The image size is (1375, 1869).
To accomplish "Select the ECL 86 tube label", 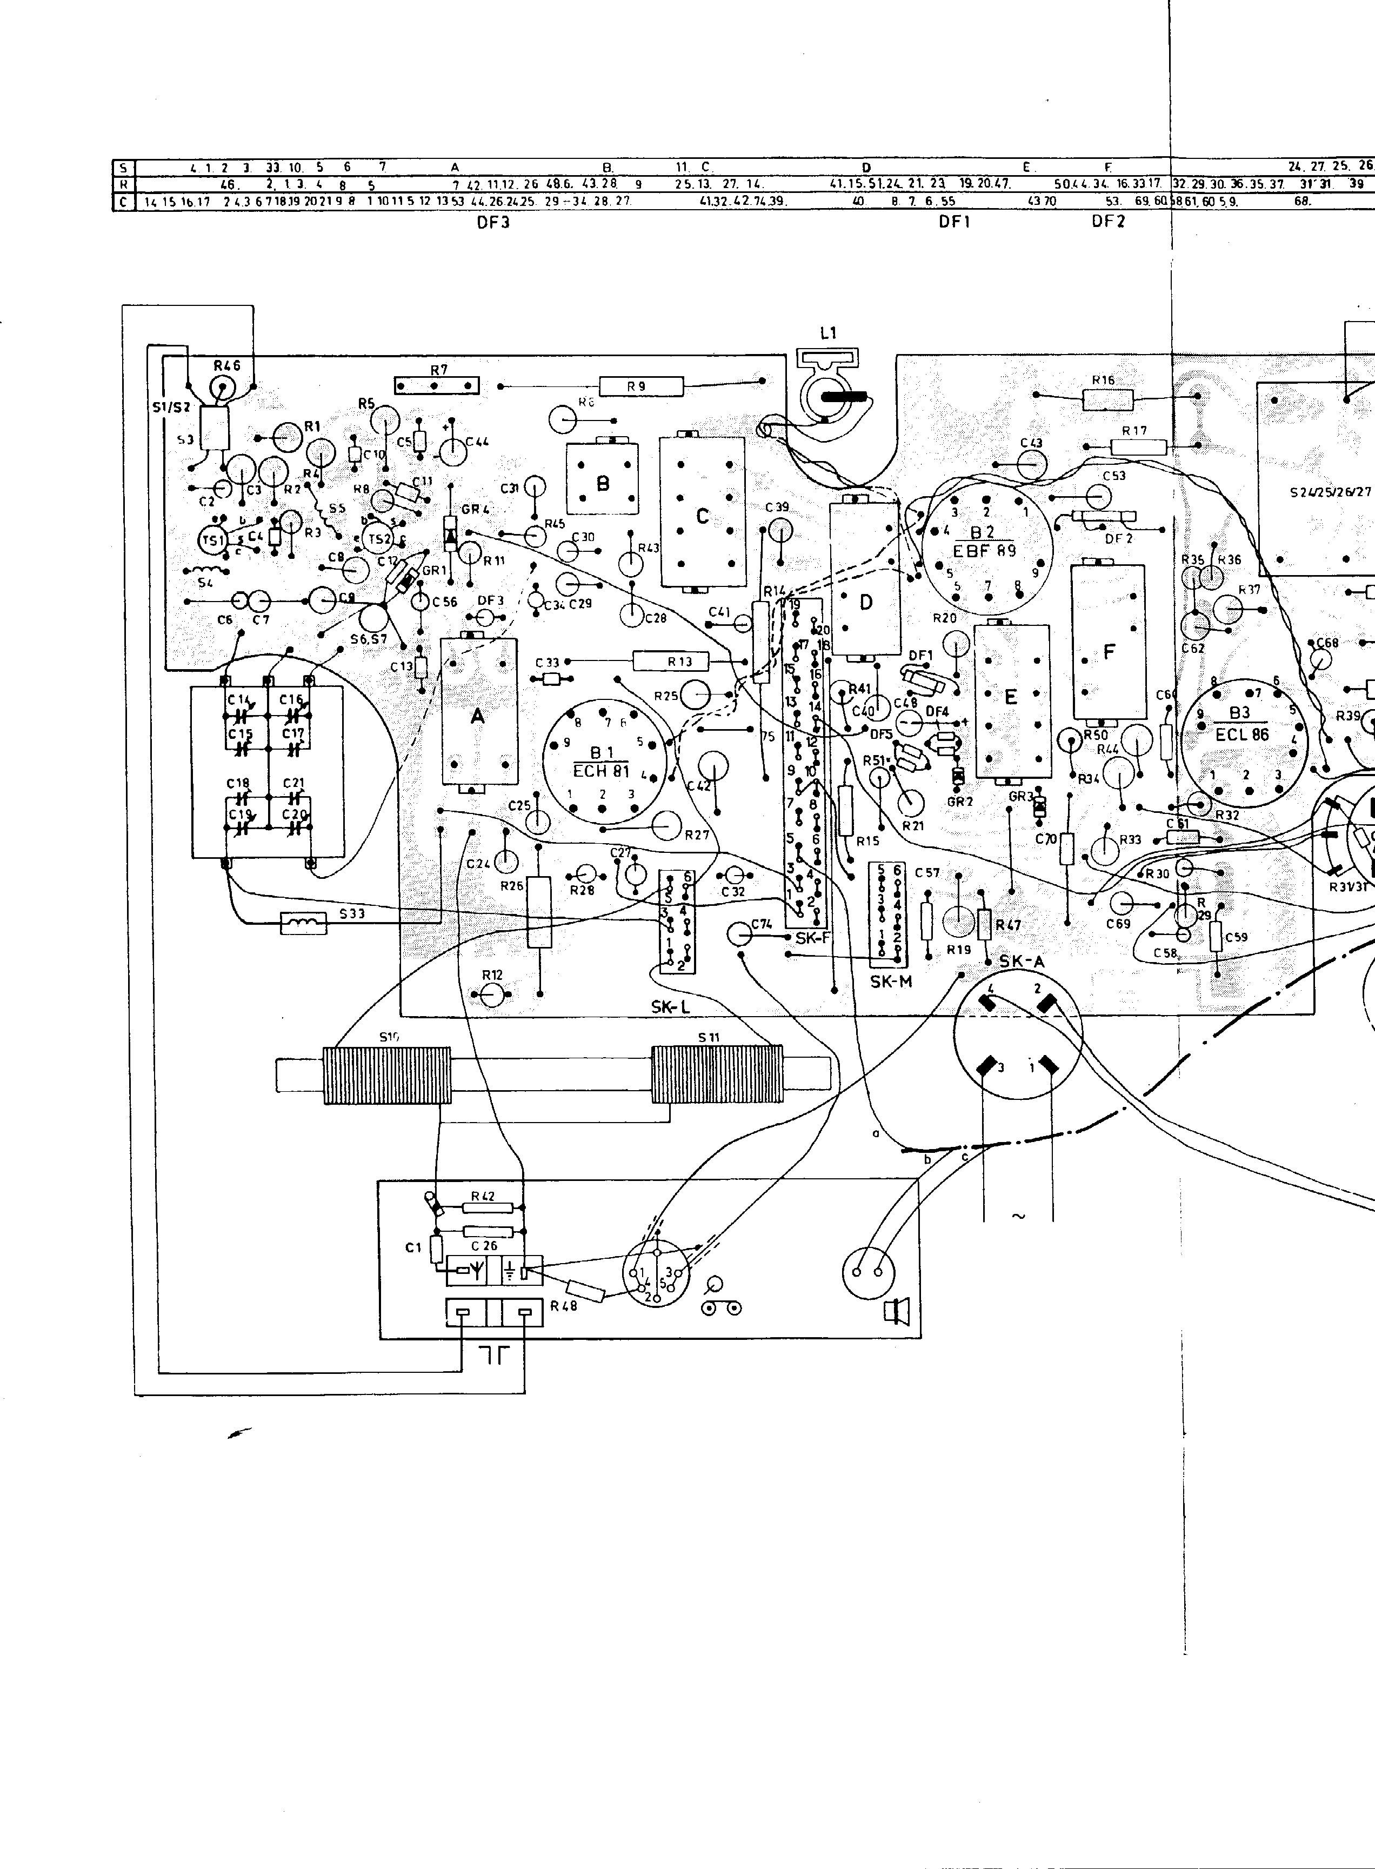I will tap(1243, 735).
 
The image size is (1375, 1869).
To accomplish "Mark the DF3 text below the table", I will tap(493, 223).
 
